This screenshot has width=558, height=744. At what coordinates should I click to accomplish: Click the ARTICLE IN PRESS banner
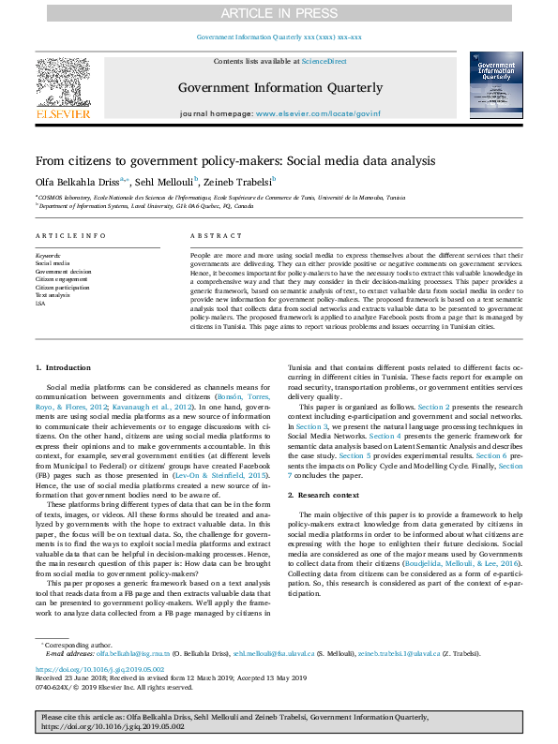[279, 12]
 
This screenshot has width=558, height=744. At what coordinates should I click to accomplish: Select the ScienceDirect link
[324, 62]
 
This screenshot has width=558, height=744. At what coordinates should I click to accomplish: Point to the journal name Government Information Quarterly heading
[280, 88]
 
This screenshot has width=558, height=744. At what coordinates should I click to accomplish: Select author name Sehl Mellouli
[162, 181]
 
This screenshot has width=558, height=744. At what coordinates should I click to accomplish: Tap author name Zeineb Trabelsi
[238, 181]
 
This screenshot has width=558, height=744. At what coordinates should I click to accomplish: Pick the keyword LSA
[40, 304]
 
